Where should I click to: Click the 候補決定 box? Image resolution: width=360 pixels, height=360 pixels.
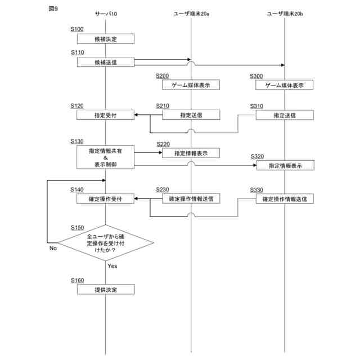click(106, 39)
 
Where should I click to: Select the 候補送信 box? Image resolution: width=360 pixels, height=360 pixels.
click(106, 62)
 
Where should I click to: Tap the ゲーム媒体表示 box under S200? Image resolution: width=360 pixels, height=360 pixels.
click(191, 85)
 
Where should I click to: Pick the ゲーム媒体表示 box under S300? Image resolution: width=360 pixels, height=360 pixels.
click(285, 85)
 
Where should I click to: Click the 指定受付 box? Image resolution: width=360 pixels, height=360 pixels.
click(106, 115)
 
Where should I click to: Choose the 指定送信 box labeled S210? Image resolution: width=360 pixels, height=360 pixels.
click(191, 115)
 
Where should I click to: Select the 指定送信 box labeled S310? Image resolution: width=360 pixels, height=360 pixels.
click(285, 115)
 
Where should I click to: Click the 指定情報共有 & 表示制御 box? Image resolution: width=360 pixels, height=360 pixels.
click(106, 157)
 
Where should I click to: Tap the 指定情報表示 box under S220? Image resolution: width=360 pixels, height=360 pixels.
click(191, 153)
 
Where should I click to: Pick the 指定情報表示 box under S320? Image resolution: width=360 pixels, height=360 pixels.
click(285, 165)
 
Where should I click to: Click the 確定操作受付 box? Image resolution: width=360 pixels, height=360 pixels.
click(106, 199)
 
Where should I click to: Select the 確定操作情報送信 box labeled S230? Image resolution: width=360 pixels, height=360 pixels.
click(191, 199)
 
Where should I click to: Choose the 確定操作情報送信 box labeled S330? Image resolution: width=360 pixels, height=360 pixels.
click(285, 199)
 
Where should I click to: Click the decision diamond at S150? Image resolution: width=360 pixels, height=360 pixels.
click(106, 244)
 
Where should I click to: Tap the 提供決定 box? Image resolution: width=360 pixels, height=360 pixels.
click(106, 289)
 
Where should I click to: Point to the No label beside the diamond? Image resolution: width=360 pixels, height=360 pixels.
click(53, 248)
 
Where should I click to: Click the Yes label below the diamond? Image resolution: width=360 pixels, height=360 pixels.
click(112, 266)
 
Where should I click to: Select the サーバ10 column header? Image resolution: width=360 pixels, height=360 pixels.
click(106, 13)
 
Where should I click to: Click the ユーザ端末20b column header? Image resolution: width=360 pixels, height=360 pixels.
click(285, 13)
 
